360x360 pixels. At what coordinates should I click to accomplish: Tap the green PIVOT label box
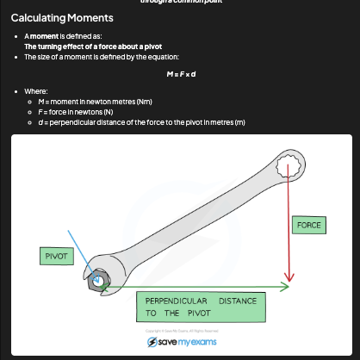(x=56, y=257)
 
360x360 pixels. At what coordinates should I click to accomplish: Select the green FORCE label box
(x=308, y=225)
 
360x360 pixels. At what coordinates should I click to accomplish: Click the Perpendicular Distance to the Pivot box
(x=201, y=307)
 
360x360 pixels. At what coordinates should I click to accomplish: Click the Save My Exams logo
(x=181, y=342)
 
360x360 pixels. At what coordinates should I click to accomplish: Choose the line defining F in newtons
(x=88, y=111)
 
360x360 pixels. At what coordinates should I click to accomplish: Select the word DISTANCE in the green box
(x=239, y=301)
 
